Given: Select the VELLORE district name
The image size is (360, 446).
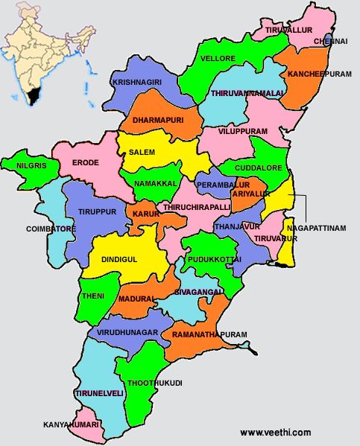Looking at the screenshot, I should point(218,58).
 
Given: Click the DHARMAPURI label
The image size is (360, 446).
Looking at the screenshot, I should point(157,119).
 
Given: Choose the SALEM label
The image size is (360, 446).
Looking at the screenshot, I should point(142,152).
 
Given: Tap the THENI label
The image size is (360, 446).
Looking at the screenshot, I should point(94,296).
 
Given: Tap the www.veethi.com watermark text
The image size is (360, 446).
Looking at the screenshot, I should point(275,433).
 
